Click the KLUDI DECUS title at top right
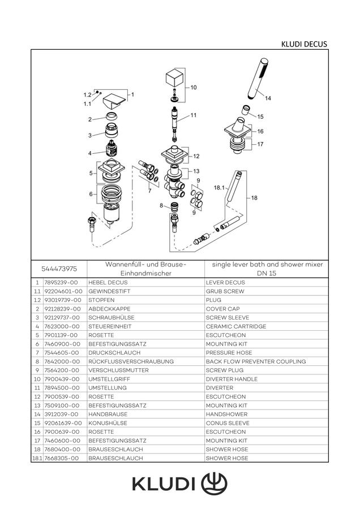point(304,44)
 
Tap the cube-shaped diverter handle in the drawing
point(175,78)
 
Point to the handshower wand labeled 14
point(258,79)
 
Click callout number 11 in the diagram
point(194,115)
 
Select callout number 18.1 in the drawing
point(219,188)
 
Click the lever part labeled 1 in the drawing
point(114,102)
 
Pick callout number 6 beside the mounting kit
point(91,194)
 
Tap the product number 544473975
point(59,269)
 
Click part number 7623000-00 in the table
point(62,326)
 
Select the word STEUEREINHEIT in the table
point(110,326)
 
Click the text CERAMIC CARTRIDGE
point(236,326)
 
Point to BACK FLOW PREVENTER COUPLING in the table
point(256,361)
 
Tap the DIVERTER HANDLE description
point(232,379)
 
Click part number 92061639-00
point(63,423)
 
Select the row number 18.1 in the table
point(37,458)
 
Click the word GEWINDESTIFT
point(109,291)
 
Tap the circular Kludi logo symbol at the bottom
point(214,484)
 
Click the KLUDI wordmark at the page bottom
point(164,484)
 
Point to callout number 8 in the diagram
point(161,205)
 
